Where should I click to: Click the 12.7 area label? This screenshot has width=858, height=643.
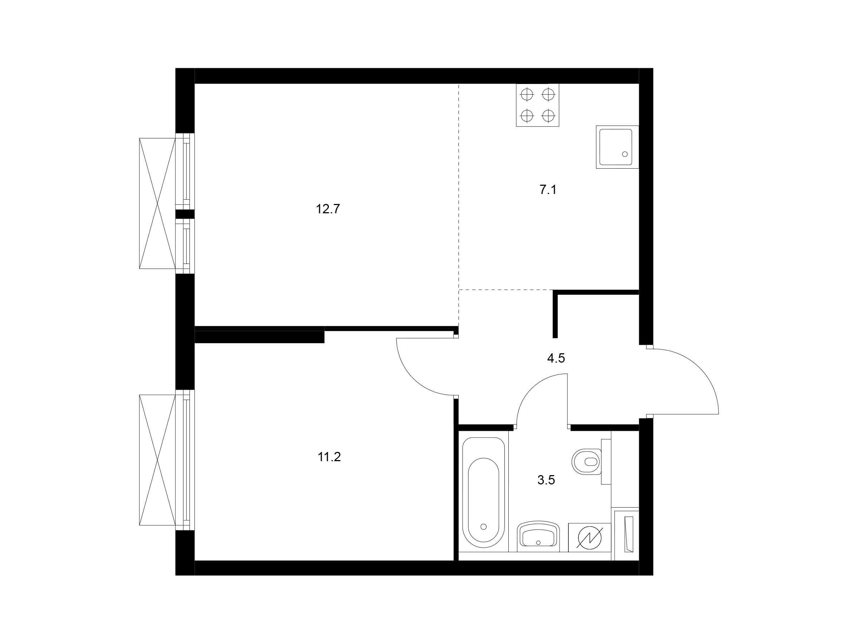tap(328, 209)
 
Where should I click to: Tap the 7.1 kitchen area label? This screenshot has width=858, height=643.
tap(548, 190)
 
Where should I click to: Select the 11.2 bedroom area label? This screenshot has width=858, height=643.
tap(329, 457)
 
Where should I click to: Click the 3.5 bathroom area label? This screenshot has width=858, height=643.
tap(546, 480)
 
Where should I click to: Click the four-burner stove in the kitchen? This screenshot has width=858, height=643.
tap(538, 105)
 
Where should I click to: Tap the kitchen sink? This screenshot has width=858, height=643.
tap(617, 146)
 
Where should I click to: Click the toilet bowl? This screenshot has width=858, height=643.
tap(587, 462)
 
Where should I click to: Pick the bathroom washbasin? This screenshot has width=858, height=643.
tap(538, 537)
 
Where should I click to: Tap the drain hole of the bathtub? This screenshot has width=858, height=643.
tap(483, 527)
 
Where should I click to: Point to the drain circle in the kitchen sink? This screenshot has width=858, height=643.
tap(625, 154)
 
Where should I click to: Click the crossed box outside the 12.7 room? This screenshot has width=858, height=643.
tap(158, 204)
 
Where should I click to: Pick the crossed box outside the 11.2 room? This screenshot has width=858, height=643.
tap(158, 460)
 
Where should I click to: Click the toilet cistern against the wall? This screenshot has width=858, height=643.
tap(606, 462)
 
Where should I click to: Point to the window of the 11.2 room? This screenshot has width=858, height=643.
tap(185, 460)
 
